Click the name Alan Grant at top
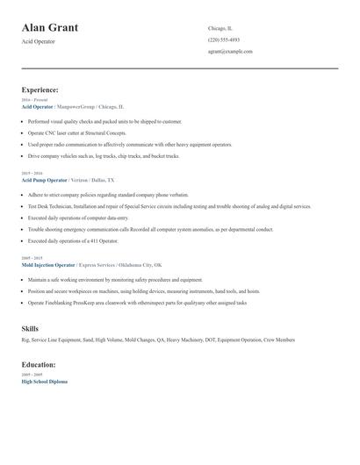(50, 27)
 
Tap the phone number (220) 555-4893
(224, 39)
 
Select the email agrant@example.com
(230, 51)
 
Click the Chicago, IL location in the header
(220, 28)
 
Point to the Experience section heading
(40, 89)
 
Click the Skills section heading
(30, 328)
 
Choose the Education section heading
(39, 364)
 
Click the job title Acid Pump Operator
(44, 179)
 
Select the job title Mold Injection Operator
(47, 264)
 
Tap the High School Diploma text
(44, 382)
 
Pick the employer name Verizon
(82, 179)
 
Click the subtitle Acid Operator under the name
(38, 41)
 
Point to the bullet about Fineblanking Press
(137, 303)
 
